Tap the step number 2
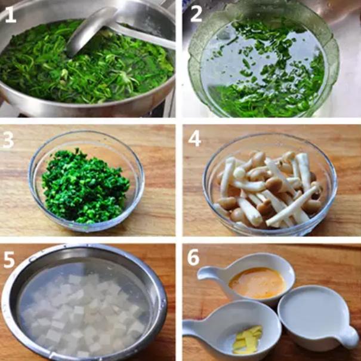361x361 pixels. (x=196, y=14)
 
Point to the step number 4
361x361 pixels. (x=195, y=139)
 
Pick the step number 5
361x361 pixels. (x=9, y=259)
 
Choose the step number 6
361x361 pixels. (x=193, y=257)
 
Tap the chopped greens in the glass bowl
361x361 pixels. (x=86, y=187)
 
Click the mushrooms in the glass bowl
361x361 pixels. (x=269, y=189)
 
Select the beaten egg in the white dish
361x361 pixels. (x=257, y=283)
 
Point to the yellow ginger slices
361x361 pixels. (x=248, y=339)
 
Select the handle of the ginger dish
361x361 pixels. (x=196, y=328)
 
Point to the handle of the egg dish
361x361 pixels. (x=209, y=273)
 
